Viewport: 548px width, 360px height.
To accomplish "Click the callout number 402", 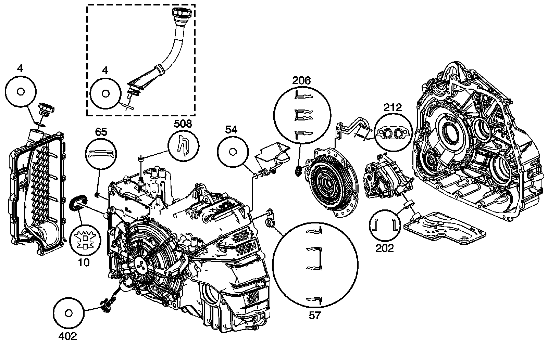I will [x=68, y=336].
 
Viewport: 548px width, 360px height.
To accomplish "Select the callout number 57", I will [x=314, y=315].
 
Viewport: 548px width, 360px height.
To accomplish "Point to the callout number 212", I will [x=392, y=107].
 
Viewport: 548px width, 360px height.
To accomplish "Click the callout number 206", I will [x=301, y=80].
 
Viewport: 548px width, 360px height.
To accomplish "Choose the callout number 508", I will [x=183, y=124].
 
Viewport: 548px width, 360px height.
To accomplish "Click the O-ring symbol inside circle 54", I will [x=232, y=151].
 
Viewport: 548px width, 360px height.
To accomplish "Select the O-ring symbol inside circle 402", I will [x=68, y=313].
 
